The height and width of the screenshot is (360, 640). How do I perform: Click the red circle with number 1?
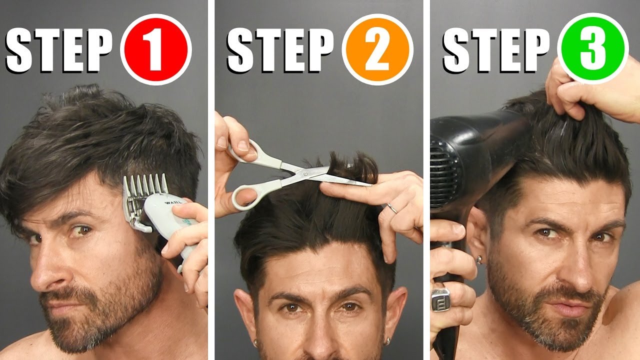click(155, 49)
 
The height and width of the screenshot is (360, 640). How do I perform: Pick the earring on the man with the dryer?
click(478, 259)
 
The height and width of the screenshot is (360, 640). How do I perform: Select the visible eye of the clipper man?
click(80, 231)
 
